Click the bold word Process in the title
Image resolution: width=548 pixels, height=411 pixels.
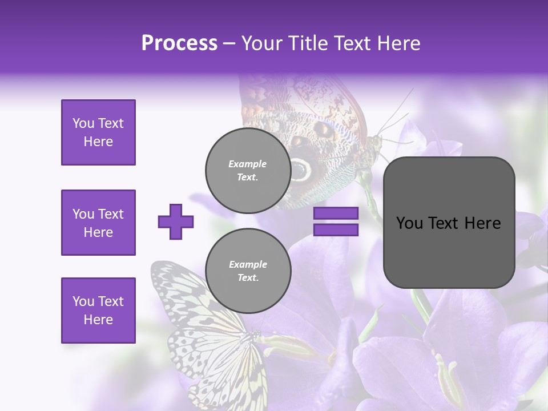179,43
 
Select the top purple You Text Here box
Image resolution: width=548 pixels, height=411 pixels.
98,132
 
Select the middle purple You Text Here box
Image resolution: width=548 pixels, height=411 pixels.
98,223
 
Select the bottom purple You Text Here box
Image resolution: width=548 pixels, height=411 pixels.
98,311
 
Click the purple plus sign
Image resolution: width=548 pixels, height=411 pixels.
176,221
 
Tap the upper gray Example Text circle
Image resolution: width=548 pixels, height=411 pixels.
248,170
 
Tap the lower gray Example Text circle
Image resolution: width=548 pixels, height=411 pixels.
248,271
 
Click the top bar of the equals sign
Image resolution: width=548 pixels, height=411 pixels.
336,213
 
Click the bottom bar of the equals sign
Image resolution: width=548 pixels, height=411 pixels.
336,230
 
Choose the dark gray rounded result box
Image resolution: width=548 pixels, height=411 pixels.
449,223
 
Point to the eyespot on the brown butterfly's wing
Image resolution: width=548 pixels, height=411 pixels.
300,169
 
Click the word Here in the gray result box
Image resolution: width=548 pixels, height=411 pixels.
483,223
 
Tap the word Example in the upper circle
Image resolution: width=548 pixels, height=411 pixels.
247,164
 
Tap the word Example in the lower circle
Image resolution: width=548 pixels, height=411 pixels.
248,264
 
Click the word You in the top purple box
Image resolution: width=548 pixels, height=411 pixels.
83,123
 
